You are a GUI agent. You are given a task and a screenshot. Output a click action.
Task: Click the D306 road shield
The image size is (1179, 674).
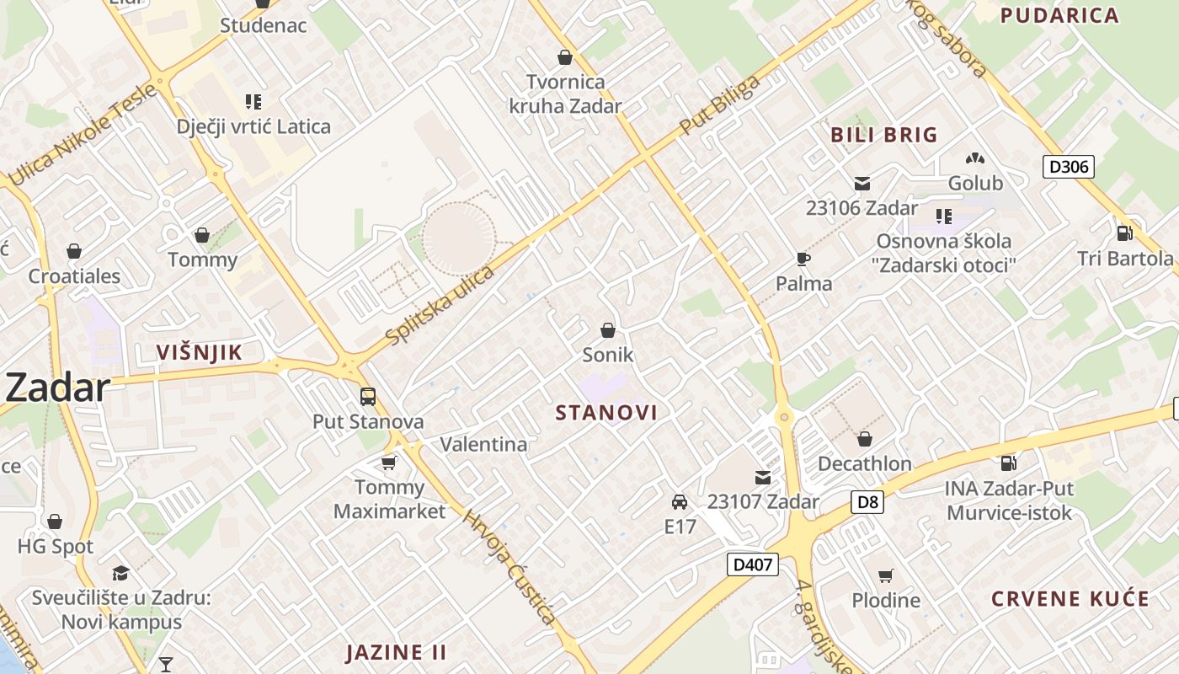1069,166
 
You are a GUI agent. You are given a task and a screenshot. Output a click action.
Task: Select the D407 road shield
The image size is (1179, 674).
752,564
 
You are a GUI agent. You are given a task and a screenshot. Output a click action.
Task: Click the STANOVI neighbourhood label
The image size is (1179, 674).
606,413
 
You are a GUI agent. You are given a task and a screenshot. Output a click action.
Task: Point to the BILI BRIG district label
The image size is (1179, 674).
883,135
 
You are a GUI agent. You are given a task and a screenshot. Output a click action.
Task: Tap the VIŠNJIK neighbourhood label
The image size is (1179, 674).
200,353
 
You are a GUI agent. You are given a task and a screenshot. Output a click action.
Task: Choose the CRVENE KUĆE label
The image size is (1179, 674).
1070,599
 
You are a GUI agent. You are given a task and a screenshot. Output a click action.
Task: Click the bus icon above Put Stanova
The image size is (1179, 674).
367,396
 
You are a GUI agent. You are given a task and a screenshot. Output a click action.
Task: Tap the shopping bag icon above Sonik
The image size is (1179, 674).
608,330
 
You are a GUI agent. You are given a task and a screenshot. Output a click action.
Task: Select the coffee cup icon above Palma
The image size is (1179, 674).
803,259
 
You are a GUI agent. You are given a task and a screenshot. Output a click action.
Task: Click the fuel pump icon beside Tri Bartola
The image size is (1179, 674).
1124,233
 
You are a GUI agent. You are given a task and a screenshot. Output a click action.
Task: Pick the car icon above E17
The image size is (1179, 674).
680,502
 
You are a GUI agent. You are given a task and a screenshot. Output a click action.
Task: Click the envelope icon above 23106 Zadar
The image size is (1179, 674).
862,183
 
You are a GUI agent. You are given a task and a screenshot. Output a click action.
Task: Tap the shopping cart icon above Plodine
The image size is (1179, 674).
885,575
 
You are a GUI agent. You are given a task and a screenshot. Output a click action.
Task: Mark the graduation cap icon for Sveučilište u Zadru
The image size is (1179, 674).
120,574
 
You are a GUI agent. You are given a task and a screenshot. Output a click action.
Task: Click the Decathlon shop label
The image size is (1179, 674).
864,463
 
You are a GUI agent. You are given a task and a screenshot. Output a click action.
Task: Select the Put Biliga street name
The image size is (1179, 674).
719,105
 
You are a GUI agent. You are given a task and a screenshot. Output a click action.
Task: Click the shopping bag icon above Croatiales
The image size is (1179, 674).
74,251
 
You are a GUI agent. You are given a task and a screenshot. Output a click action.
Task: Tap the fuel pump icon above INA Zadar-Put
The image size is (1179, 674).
1007,463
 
